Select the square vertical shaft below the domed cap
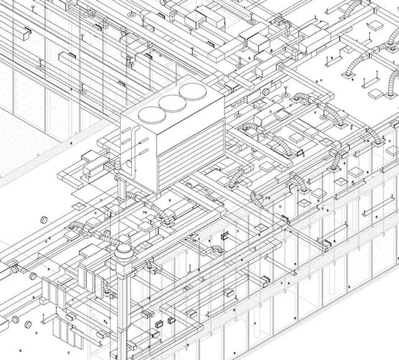pos(123,309)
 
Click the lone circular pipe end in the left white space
pos(44,221)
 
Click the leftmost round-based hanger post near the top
pos(40,64)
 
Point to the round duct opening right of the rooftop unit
pos(264,92)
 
